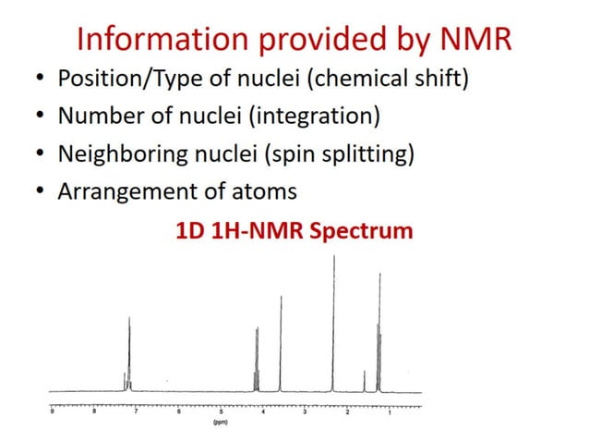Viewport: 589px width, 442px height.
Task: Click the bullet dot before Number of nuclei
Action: (40, 117)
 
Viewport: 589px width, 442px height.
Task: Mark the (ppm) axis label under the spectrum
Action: (220, 424)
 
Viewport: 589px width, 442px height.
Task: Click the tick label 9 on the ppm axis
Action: (53, 413)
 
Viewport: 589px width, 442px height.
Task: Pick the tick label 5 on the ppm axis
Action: (221, 413)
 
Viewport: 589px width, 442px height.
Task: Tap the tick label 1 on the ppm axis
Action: (390, 413)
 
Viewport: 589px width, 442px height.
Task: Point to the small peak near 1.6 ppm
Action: (364, 379)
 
